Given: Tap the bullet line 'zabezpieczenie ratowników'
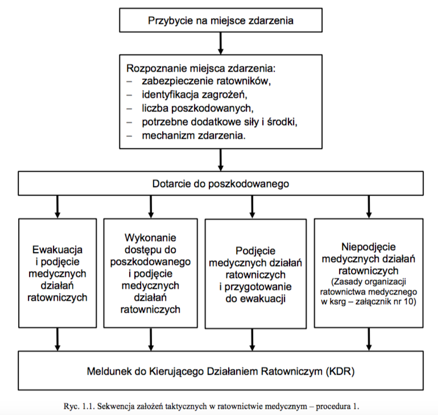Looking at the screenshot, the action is coord(206,81).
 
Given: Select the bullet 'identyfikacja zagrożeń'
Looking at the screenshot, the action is coord(195,94).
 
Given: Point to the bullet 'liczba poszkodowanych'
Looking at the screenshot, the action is coord(197,108).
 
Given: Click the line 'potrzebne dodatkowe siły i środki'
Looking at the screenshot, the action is coord(219,122).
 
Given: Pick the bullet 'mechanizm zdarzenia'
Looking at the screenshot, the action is coord(193,136).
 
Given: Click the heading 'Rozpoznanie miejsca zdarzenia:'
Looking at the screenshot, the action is coord(201,68).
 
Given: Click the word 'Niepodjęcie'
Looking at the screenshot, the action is coord(369,247).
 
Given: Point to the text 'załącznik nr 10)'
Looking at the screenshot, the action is coord(386,302).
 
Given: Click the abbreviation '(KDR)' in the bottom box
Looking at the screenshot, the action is coord(340,371).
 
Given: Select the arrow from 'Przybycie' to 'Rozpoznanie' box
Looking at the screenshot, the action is coord(221,43).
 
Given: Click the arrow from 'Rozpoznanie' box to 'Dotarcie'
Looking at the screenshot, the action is coord(221,160).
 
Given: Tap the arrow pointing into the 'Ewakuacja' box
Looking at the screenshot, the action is coord(57,207).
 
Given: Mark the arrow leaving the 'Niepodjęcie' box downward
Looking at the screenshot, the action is coord(369,339).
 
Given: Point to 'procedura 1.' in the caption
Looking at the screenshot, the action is coord(337,406).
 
